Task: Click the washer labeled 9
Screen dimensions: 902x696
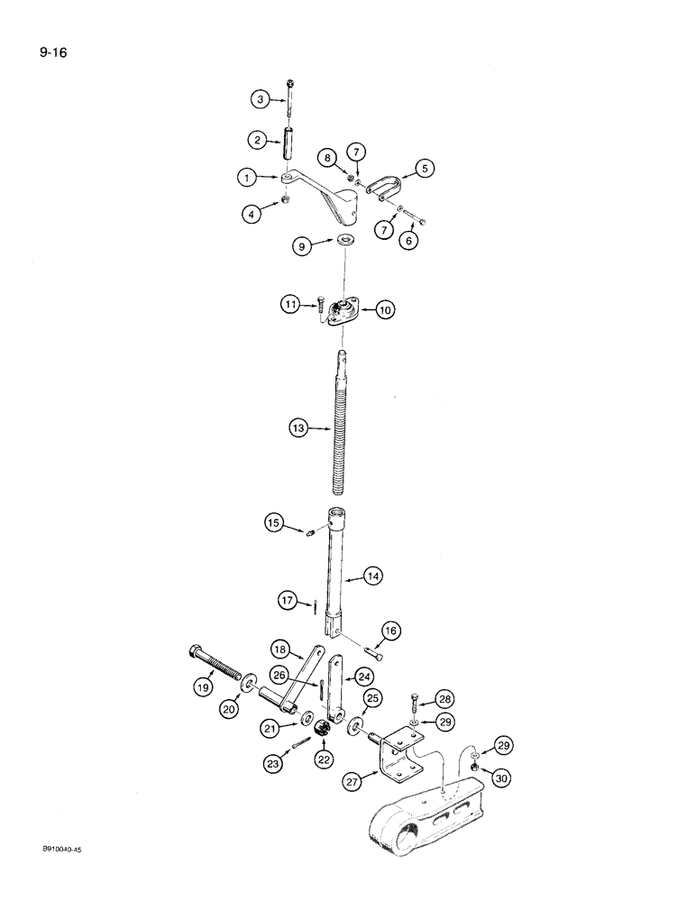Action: click(x=345, y=241)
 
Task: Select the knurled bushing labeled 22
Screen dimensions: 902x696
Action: click(x=324, y=728)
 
